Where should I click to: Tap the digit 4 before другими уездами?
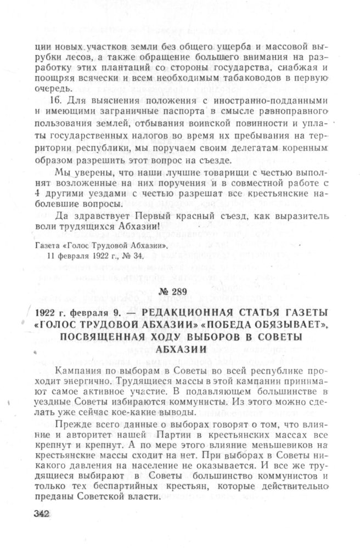[x=36, y=196]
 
